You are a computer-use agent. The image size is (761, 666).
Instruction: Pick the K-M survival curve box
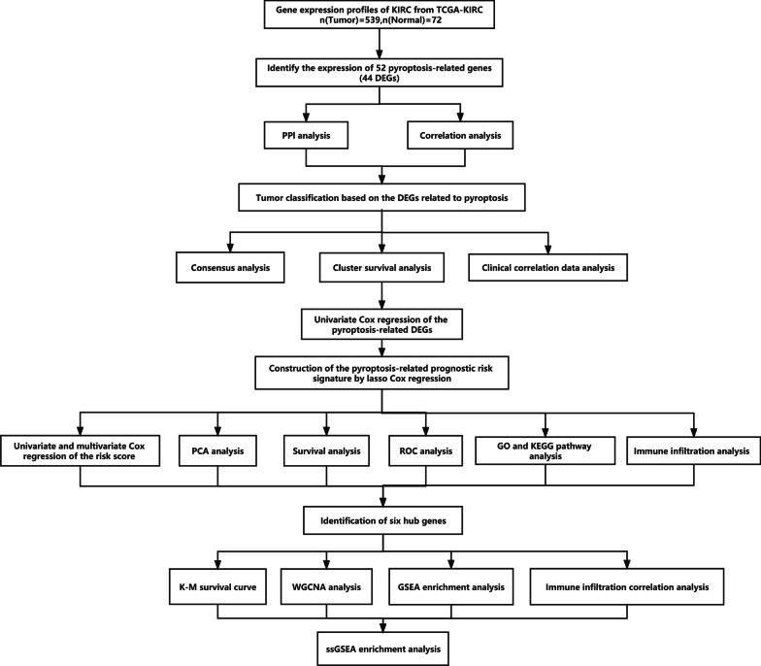[x=214, y=587]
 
